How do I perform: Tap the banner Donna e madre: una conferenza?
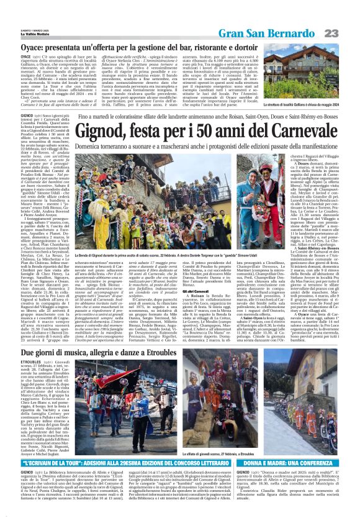coord(289,463)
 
